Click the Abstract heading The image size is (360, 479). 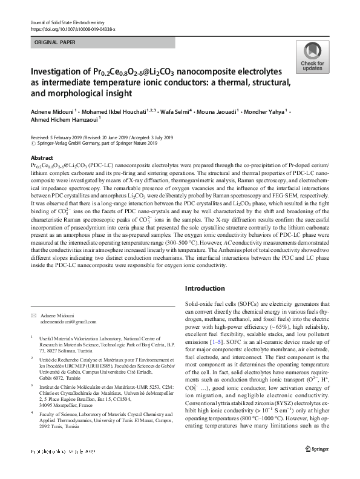point(41,156)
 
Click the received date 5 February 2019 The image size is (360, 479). point(68,138)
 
